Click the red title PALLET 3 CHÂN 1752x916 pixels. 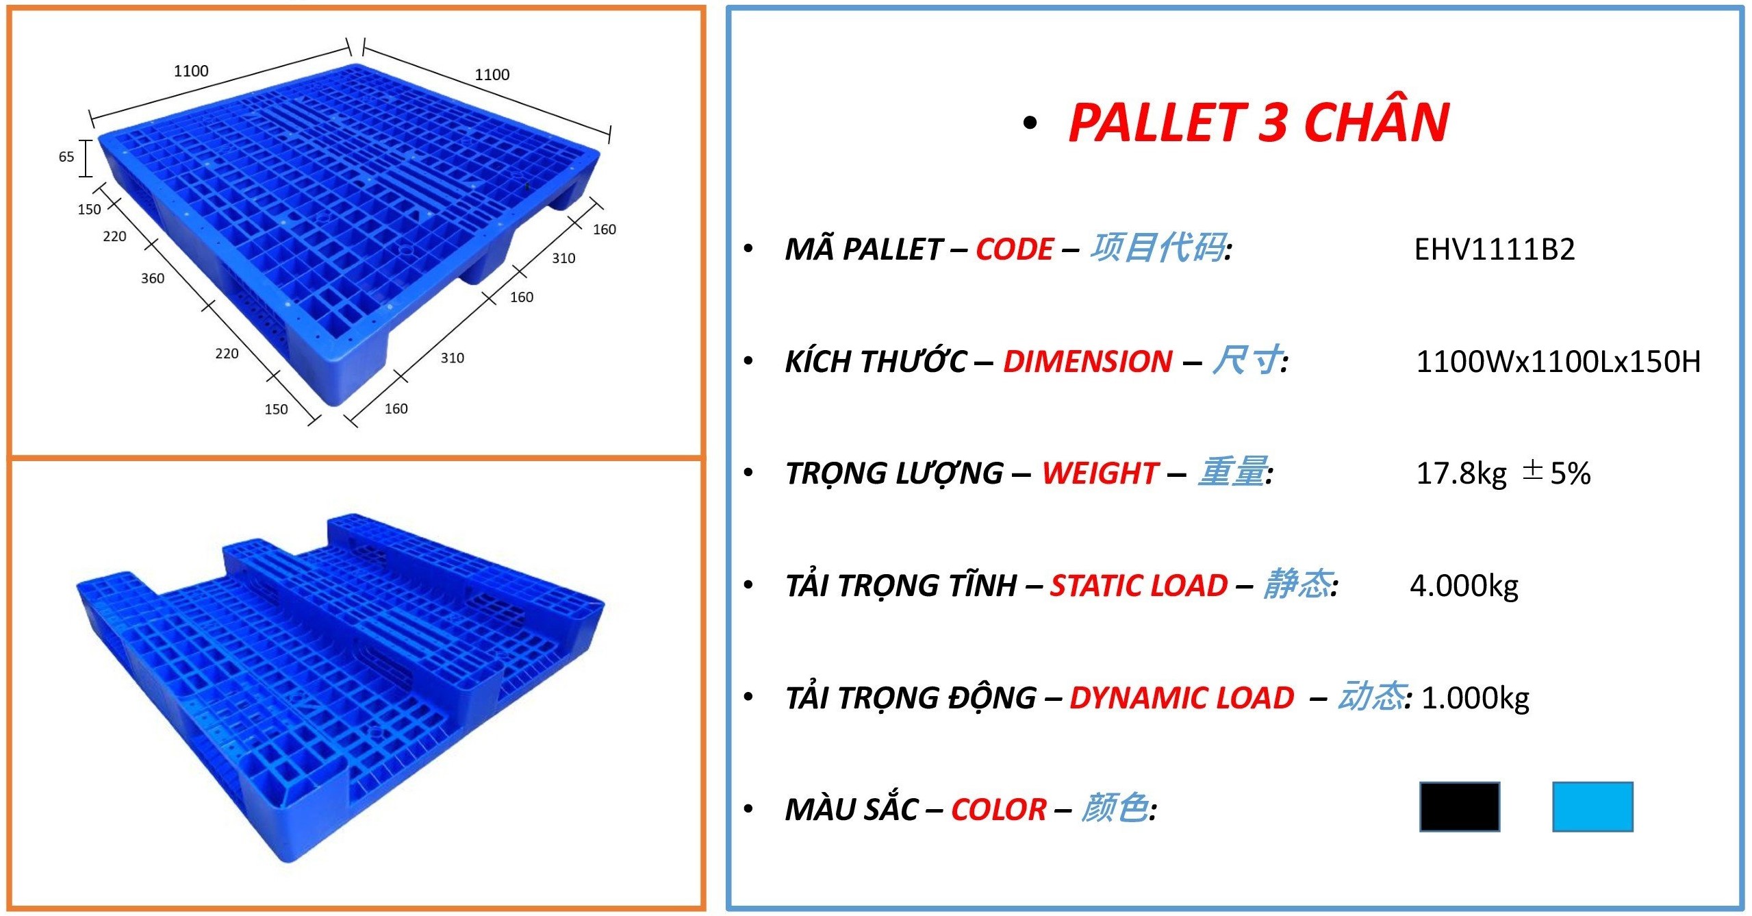coord(1258,122)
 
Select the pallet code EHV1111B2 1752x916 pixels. coord(1495,249)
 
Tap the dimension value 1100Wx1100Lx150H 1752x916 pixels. coord(1558,362)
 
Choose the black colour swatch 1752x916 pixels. coord(1460,806)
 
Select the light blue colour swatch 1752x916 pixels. coord(1592,806)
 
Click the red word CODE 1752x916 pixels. coord(1015,249)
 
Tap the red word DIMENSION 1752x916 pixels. coord(1088,362)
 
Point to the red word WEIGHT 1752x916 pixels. coord(1100,473)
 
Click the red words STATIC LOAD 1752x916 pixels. coord(1139,586)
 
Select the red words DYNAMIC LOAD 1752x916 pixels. coord(1182,698)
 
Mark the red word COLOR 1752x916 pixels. coord(999,810)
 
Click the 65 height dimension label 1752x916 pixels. coord(66,157)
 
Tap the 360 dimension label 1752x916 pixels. coord(153,278)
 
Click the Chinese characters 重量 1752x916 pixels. coord(1232,472)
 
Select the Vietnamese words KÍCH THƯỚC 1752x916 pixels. coord(876,361)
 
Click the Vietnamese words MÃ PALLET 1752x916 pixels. coord(864,249)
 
